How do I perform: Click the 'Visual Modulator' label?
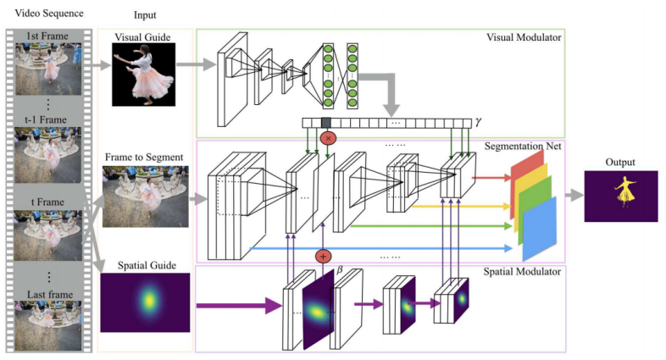pyautogui.click(x=524, y=37)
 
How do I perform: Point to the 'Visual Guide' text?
pyautogui.click(x=143, y=37)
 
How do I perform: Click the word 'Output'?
pyautogui.click(x=620, y=163)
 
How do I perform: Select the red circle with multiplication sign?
pyautogui.click(x=326, y=137)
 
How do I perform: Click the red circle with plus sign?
pyautogui.click(x=323, y=256)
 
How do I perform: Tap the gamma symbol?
pyautogui.click(x=478, y=122)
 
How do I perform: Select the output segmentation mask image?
pyautogui.click(x=620, y=197)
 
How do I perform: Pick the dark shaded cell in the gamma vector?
pyautogui.click(x=326, y=123)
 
